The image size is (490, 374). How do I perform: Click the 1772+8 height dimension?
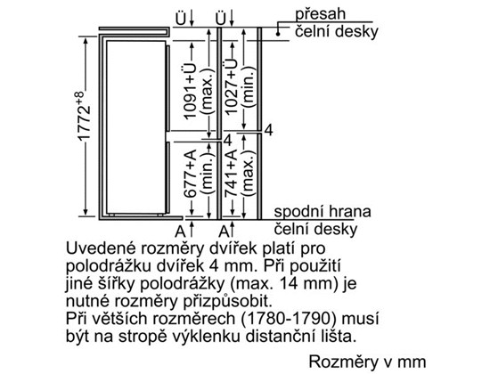click(84, 117)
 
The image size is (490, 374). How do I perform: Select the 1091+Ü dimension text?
click(191, 91)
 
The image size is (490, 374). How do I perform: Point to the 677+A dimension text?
click(191, 174)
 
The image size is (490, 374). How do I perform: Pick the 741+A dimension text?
click(231, 173)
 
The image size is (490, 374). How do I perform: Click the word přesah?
click(321, 14)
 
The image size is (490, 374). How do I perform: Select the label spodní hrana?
click(323, 212)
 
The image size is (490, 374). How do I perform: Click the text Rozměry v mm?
click(367, 362)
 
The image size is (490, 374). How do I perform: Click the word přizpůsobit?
click(228, 302)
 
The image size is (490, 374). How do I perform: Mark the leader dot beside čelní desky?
click(277, 34)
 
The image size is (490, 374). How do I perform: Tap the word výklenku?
click(209, 337)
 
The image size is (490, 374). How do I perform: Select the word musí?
click(360, 319)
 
